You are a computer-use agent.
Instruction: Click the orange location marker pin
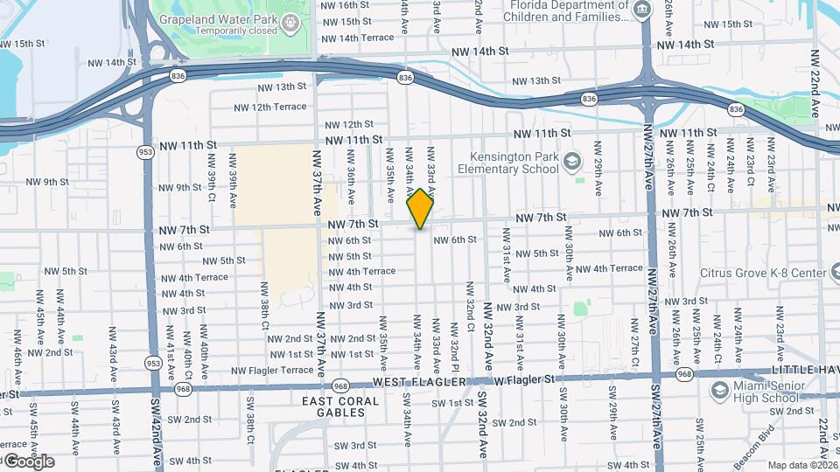click(x=421, y=209)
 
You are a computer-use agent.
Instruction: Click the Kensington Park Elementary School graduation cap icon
click(x=572, y=161)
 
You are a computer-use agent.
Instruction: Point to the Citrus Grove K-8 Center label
click(x=764, y=273)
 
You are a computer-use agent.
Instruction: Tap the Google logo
click(x=28, y=462)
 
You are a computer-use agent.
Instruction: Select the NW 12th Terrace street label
click(x=270, y=107)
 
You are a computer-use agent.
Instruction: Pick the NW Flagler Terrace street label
click(x=272, y=371)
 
